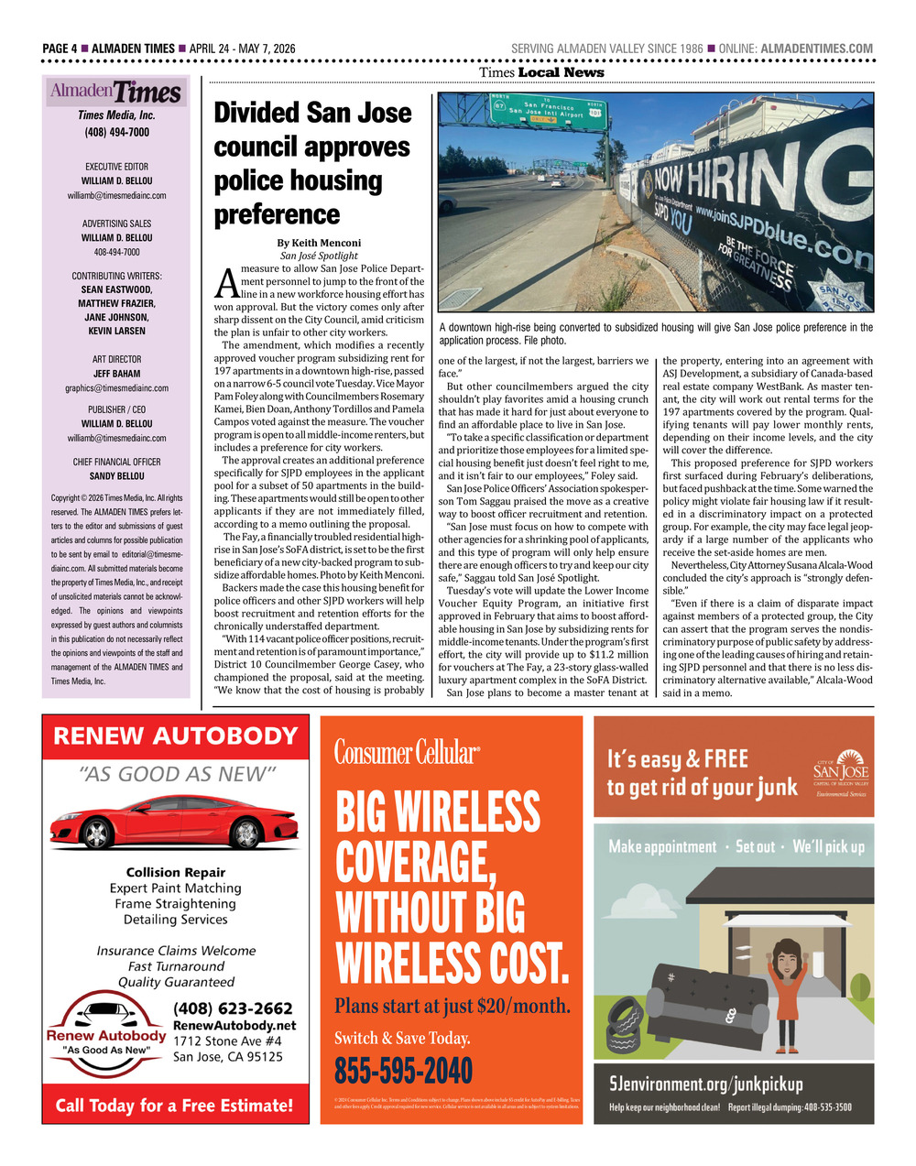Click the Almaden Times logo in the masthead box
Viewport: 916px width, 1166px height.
coord(116,93)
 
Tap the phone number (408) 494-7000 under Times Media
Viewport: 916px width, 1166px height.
coord(116,132)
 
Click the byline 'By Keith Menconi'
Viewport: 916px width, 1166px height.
coord(319,243)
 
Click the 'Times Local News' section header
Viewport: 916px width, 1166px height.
coord(541,72)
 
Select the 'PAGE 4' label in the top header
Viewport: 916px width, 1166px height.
coord(60,49)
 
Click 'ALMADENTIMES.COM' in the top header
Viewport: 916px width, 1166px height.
coord(817,49)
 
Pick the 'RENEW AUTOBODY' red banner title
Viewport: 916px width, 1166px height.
coord(176,736)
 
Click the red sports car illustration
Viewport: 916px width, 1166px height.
coord(174,821)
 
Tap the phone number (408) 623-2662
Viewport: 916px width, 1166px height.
coord(233,1008)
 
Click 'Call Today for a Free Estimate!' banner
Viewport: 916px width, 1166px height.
coord(175,1105)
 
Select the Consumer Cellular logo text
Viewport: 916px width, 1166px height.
coord(406,753)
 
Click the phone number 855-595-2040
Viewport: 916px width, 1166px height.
coord(403,1070)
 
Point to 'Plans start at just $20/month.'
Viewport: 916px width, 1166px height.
coord(453,1006)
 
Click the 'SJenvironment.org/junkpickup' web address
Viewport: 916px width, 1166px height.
coord(706,1084)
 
